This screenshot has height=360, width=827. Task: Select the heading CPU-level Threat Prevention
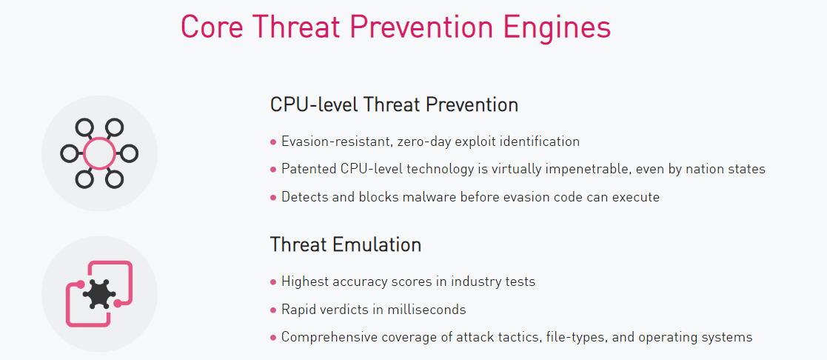coord(394,104)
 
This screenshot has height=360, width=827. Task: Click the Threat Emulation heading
coord(346,244)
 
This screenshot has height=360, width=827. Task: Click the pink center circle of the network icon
coord(99,153)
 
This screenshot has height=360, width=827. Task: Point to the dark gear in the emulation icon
coord(99,294)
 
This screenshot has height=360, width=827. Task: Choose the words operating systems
coord(695,337)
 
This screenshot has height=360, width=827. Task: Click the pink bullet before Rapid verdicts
coord(273,310)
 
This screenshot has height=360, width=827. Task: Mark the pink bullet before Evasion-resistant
coord(273,142)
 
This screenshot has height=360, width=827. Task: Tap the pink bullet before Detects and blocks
coord(273,199)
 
